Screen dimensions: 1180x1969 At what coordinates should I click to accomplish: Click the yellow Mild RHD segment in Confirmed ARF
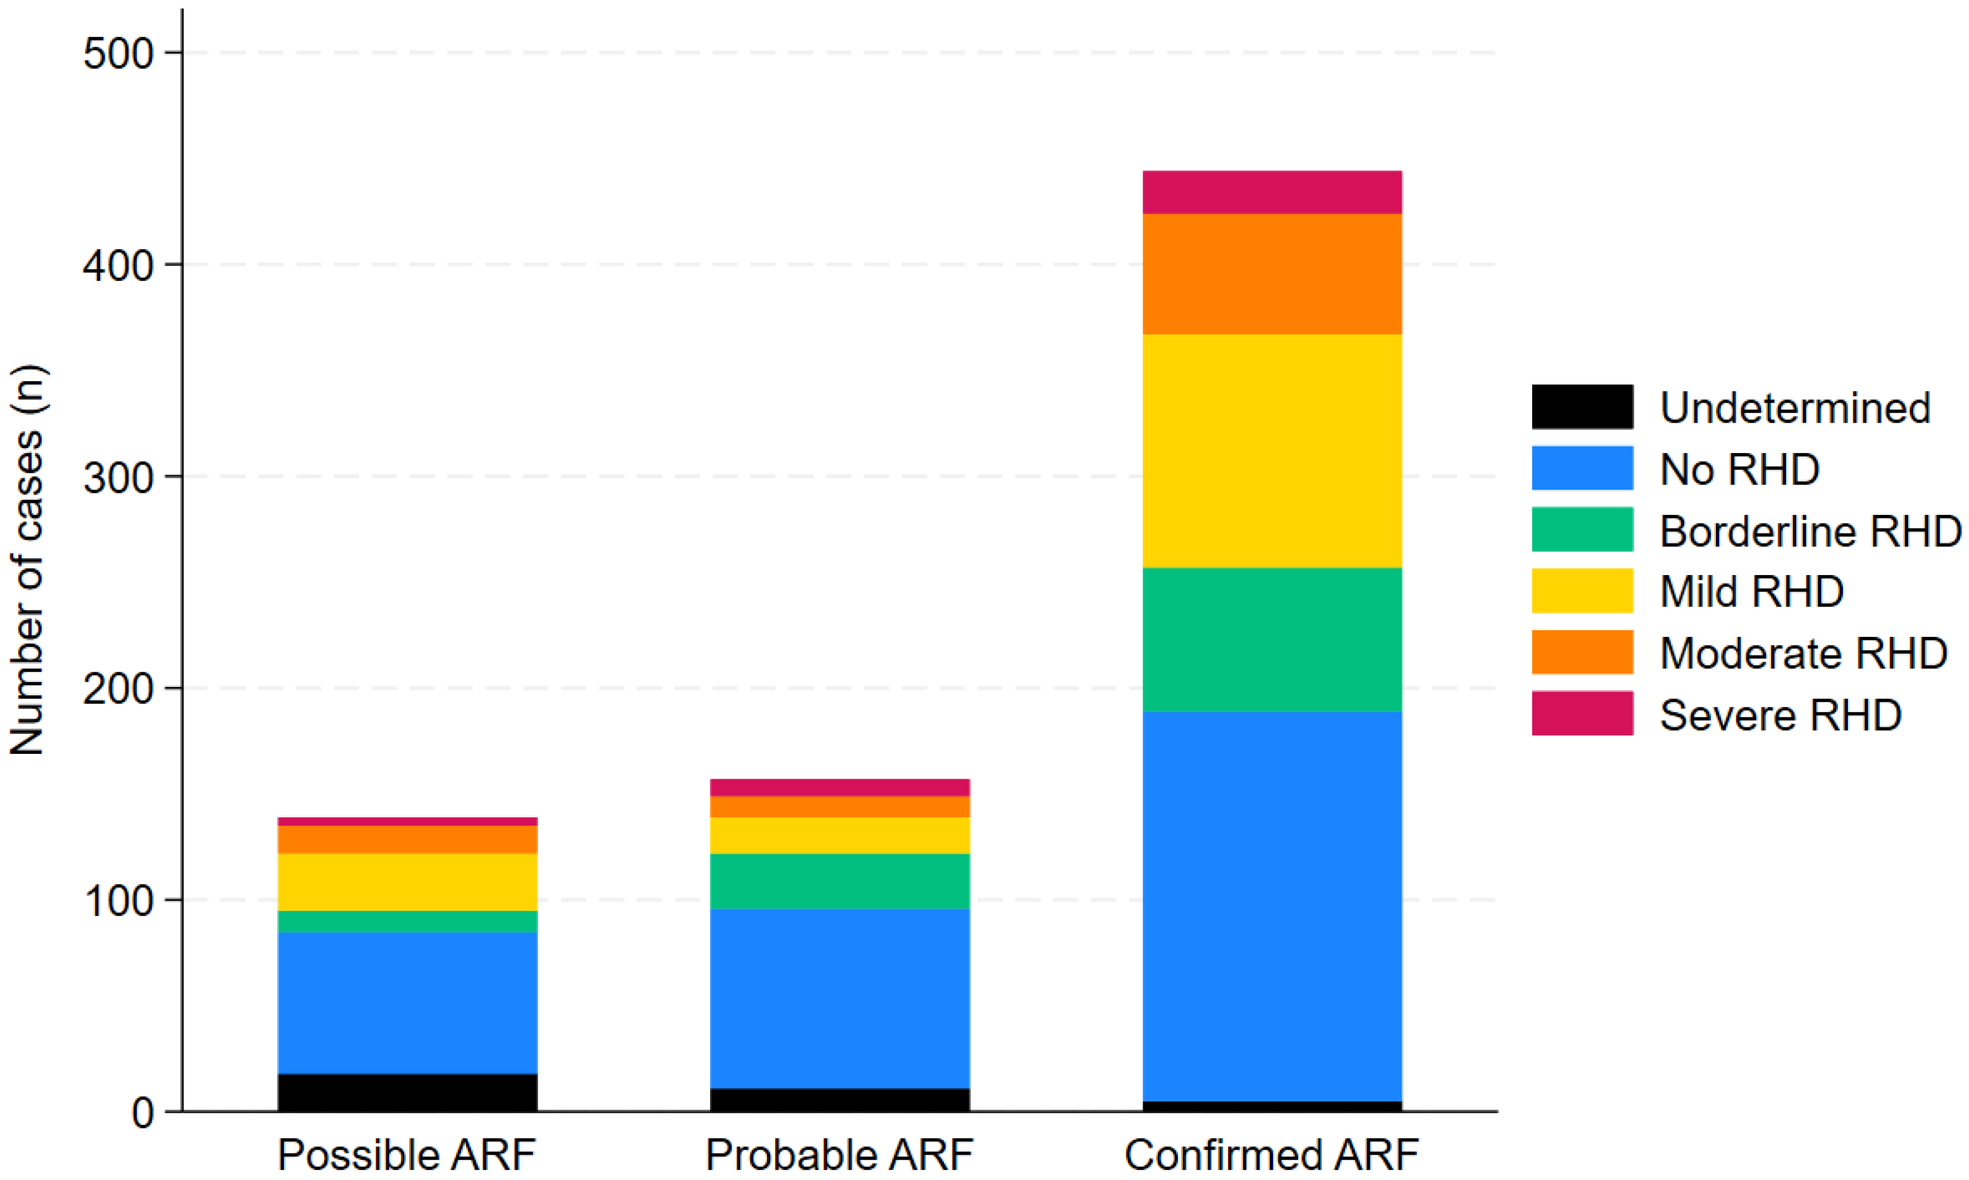click(x=1272, y=450)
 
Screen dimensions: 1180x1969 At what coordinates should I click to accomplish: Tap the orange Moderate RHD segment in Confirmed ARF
click(x=1272, y=274)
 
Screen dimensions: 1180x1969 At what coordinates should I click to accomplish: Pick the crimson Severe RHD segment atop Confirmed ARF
click(x=1272, y=192)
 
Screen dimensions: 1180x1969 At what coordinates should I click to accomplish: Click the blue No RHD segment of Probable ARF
click(x=839, y=998)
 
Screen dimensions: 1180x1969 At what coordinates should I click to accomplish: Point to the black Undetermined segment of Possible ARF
click(x=407, y=1092)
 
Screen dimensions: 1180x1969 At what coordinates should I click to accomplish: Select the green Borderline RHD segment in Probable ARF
click(x=839, y=881)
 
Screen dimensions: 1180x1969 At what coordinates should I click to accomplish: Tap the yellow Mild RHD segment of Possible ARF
click(x=407, y=882)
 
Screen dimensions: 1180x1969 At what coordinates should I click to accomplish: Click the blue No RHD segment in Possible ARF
click(x=407, y=1003)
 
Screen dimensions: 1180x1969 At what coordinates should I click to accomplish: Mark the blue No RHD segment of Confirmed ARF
click(x=1272, y=906)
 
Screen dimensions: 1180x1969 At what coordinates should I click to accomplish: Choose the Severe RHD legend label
click(x=1780, y=715)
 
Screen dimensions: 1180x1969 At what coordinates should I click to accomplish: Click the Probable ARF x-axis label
click(x=839, y=1155)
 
